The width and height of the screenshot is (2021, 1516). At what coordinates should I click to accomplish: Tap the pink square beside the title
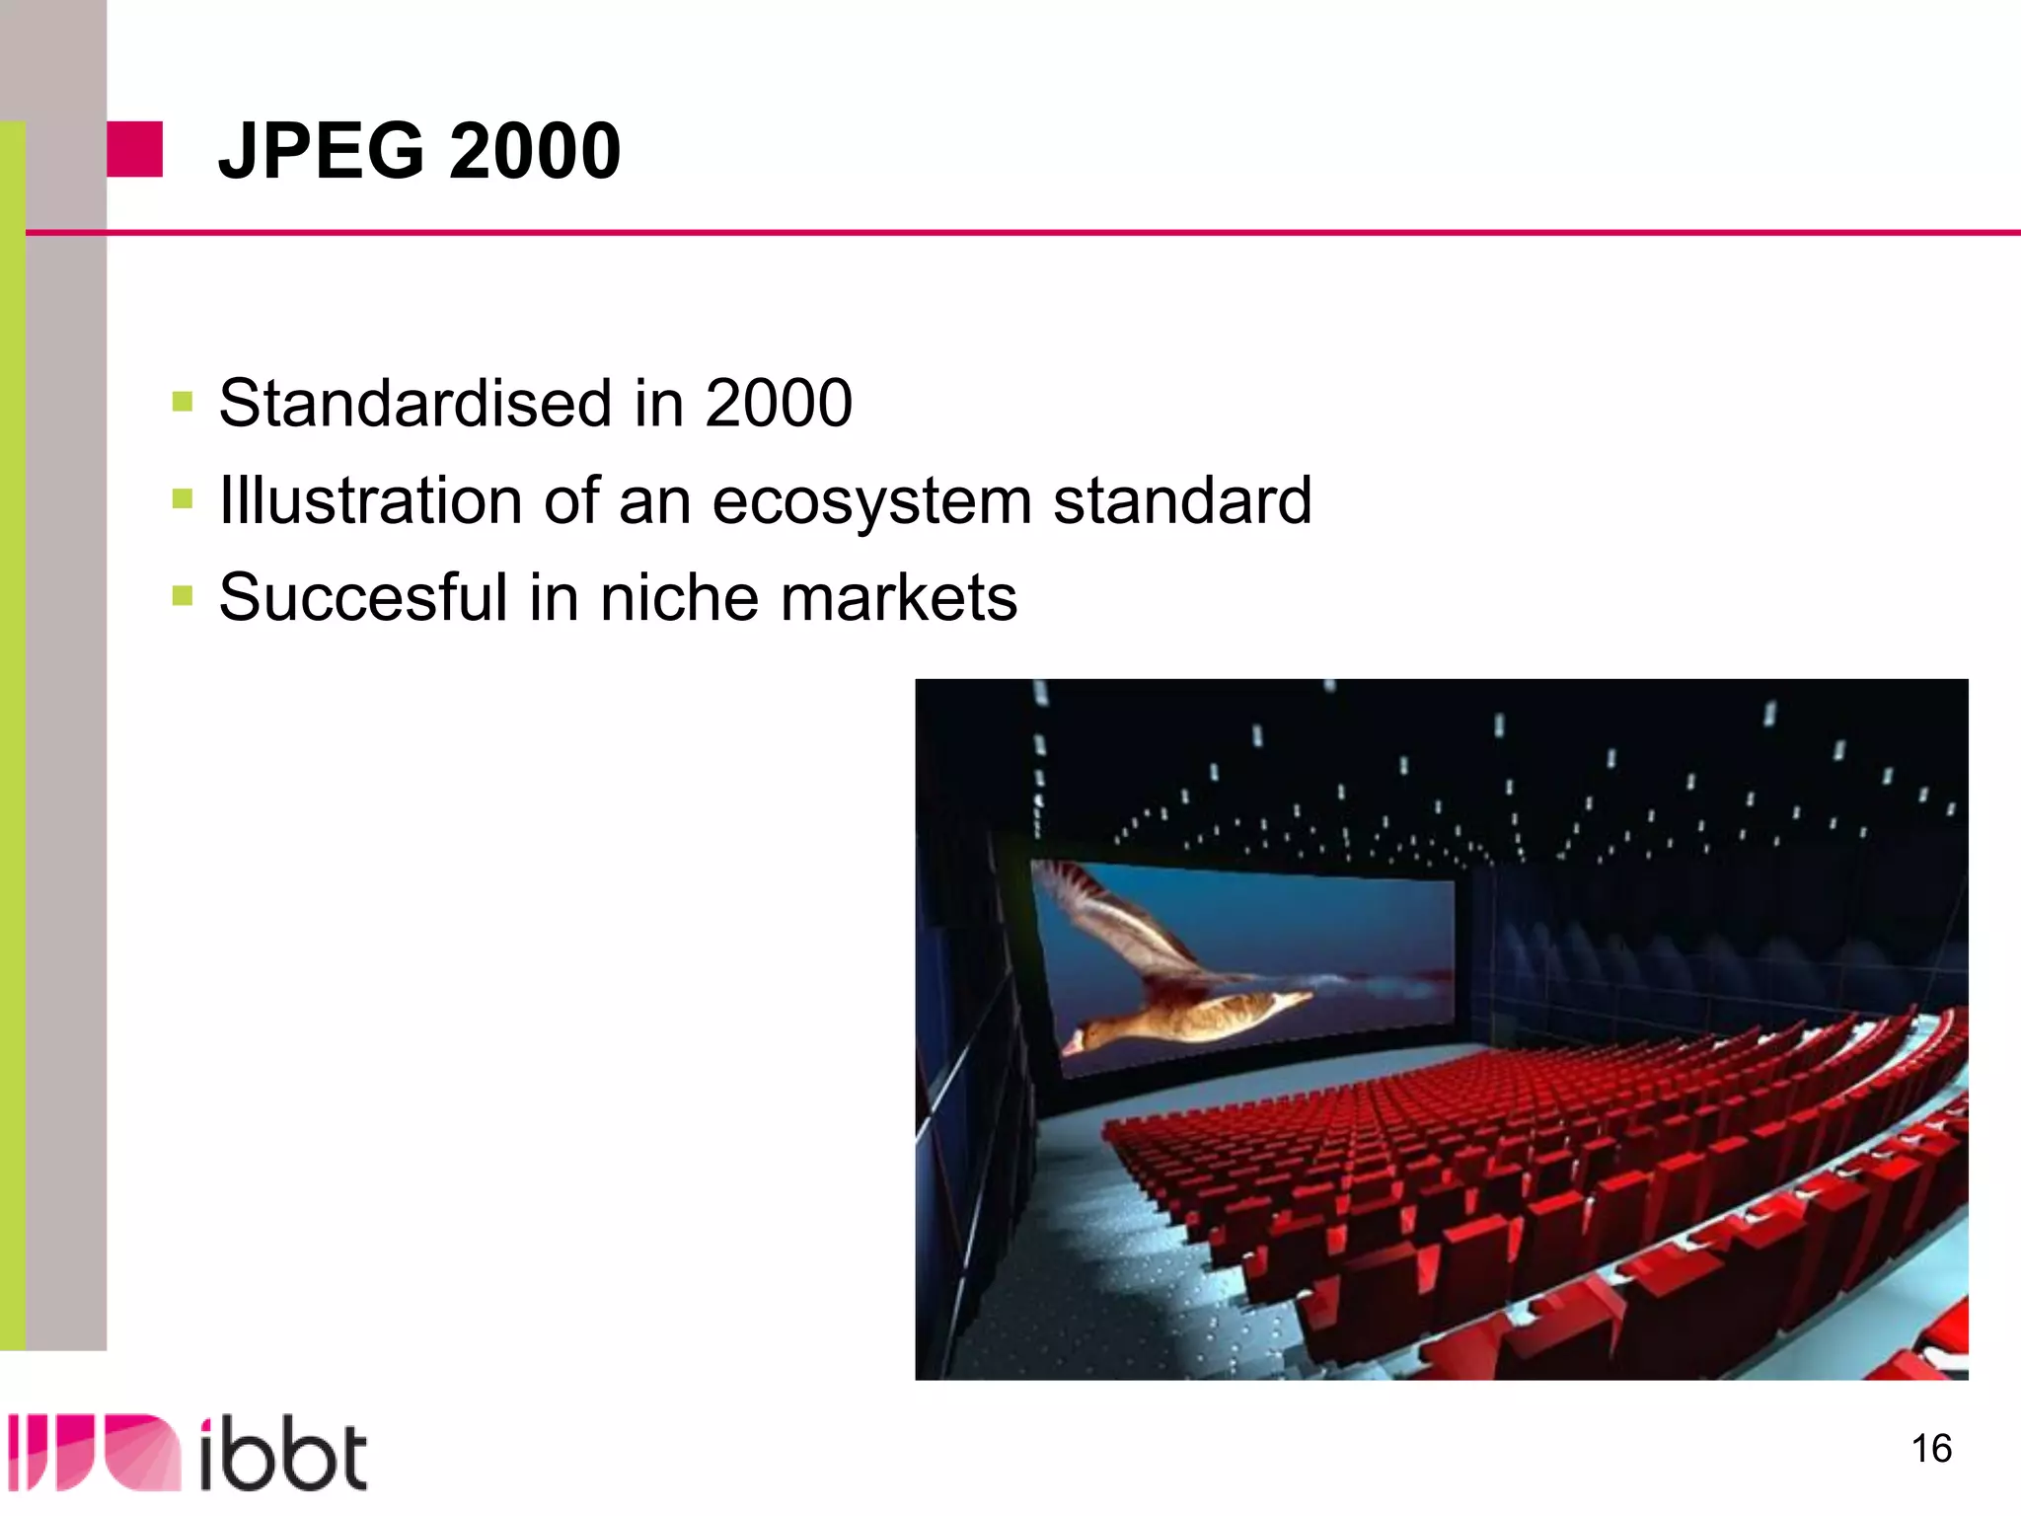pyautogui.click(x=134, y=149)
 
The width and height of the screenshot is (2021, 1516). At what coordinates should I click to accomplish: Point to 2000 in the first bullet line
pyautogui.click(x=778, y=403)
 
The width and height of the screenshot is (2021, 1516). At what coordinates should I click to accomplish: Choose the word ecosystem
pyautogui.click(x=872, y=501)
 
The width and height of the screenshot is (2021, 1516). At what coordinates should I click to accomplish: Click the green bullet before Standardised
pyautogui.click(x=182, y=402)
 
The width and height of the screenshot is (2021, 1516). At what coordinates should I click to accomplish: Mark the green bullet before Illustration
pyautogui.click(x=182, y=498)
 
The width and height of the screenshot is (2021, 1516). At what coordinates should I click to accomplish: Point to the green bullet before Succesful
pyautogui.click(x=182, y=595)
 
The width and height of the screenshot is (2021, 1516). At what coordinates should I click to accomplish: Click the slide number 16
pyautogui.click(x=1931, y=1449)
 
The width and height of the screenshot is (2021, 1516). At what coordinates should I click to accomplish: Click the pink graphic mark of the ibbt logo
pyautogui.click(x=94, y=1452)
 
